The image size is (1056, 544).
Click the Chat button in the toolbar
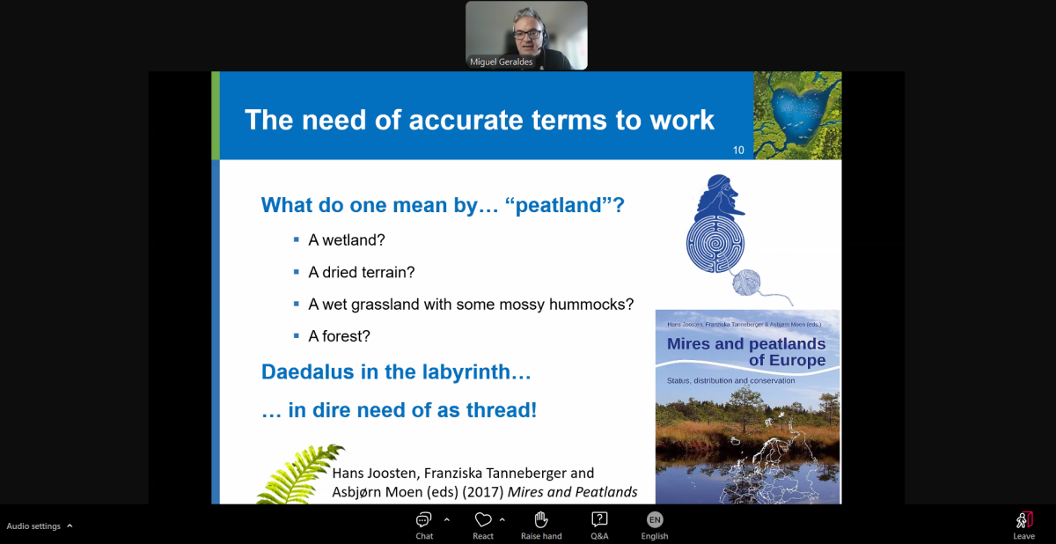[424, 526]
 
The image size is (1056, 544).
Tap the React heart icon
[483, 519]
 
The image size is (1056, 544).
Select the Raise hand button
[541, 526]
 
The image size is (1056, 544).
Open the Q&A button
[599, 526]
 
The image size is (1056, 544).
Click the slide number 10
[738, 150]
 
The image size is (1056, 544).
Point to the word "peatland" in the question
[558, 205]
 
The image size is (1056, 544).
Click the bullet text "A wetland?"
[347, 240]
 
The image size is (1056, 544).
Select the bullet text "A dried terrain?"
[362, 272]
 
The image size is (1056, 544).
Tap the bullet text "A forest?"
[339, 336]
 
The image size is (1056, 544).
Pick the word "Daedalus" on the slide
[307, 371]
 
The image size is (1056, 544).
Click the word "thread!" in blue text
[502, 409]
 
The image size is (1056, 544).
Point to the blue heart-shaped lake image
[797, 115]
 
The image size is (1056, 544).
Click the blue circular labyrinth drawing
[715, 244]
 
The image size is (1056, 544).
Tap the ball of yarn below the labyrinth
[746, 282]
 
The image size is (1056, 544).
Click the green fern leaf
[300, 474]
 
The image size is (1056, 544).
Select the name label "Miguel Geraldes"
[501, 62]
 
